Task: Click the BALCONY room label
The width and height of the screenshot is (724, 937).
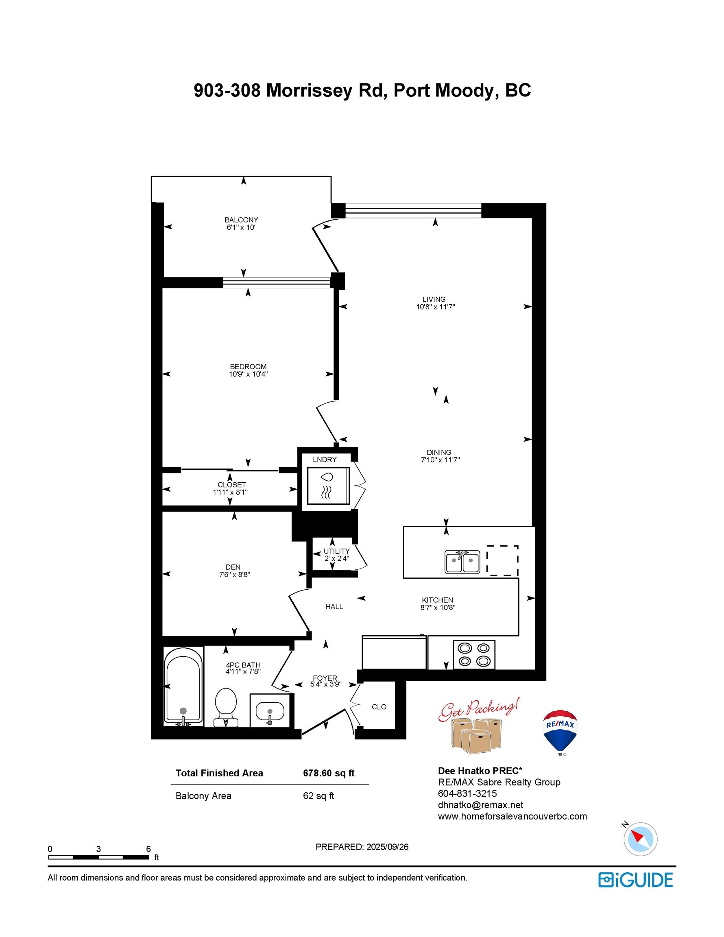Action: click(241, 220)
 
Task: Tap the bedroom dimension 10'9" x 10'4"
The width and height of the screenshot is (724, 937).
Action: click(248, 374)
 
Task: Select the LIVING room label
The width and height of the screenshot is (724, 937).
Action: click(434, 299)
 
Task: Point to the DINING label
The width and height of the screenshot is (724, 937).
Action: click(438, 452)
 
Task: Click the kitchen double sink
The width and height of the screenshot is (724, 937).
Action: click(462, 562)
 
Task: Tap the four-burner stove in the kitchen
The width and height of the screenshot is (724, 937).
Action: click(474, 655)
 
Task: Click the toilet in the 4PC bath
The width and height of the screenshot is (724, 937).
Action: click(226, 708)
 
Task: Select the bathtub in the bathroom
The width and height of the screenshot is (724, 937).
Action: click(184, 686)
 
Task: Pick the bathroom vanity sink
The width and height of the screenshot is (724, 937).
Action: click(270, 712)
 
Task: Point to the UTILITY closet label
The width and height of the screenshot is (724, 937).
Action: click(336, 551)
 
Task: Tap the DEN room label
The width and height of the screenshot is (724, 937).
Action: click(233, 567)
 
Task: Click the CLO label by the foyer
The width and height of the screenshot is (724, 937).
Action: click(379, 706)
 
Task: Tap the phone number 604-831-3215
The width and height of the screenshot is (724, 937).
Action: click(467, 794)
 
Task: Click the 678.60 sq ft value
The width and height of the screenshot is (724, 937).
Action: click(329, 773)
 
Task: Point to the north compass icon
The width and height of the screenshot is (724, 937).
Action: click(640, 838)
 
